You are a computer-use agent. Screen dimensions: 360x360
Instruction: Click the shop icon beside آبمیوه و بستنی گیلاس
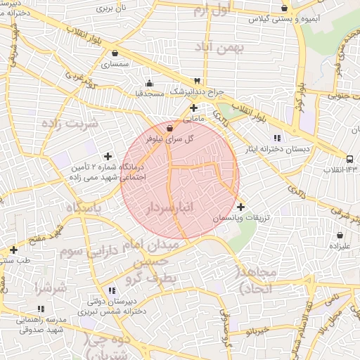[x=284, y=8]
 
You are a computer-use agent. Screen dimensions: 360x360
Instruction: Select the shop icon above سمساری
[x=114, y=53]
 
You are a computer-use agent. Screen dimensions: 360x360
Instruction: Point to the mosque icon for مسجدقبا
[x=148, y=82]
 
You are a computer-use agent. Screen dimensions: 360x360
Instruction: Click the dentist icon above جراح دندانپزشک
[x=196, y=81]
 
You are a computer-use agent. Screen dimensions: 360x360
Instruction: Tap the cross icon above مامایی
[x=193, y=108]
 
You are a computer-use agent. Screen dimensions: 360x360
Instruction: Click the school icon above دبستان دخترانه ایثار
[x=277, y=137]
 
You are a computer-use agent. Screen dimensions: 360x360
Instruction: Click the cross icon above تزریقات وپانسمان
[x=241, y=207]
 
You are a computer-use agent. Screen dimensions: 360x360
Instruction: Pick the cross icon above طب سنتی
[x=13, y=249]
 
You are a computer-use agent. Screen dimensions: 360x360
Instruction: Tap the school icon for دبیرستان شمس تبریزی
[x=112, y=290]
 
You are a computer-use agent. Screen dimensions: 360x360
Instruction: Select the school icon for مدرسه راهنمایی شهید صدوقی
[x=40, y=308]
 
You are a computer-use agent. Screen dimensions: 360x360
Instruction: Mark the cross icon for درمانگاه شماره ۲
[x=108, y=156]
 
